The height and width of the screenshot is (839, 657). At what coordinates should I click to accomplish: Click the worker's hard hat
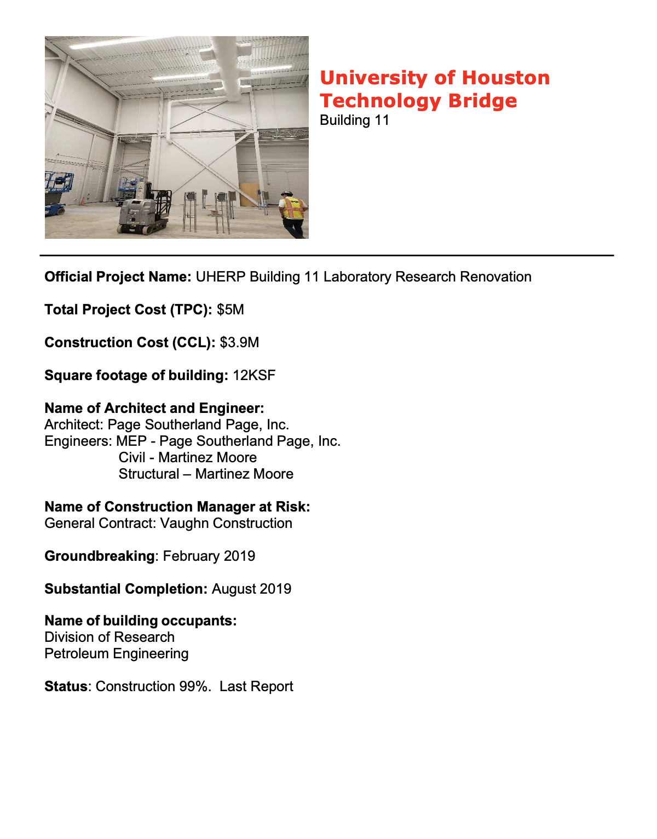tap(286, 194)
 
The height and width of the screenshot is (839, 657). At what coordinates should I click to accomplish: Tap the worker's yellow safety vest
tap(291, 209)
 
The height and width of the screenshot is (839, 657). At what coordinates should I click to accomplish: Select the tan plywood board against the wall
tap(249, 194)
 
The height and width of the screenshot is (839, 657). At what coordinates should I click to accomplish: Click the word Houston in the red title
tap(506, 78)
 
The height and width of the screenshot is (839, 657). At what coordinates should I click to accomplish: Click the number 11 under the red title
tap(382, 120)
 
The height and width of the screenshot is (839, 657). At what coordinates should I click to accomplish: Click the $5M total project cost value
tap(230, 310)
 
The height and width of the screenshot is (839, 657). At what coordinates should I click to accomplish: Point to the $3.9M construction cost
tap(239, 343)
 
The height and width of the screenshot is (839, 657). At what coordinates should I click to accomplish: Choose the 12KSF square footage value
tap(254, 376)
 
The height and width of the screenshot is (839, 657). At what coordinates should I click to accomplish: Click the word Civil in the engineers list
tap(132, 458)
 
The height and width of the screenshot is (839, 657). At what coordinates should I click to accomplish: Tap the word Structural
tap(149, 474)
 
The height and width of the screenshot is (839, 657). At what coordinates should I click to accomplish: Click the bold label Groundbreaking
tap(100, 556)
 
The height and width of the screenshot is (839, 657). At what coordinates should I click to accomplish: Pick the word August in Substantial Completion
tap(234, 589)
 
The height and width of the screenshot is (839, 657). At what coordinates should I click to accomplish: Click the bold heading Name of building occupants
tap(140, 621)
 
